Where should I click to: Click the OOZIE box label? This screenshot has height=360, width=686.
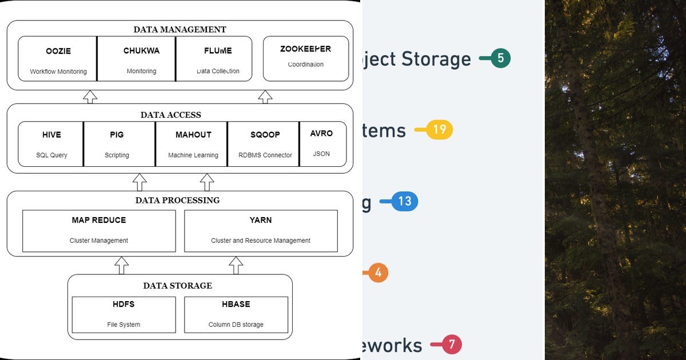coord(58,51)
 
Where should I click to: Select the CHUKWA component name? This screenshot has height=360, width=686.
coord(141,51)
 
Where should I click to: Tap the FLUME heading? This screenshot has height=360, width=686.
coord(218,51)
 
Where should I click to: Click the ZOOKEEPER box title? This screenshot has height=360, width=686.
coord(305,49)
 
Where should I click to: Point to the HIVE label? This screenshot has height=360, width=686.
coord(51,135)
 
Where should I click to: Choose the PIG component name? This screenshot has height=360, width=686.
coord(117,135)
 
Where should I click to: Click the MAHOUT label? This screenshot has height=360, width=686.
coord(193,135)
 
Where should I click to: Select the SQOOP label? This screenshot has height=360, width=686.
coord(265,135)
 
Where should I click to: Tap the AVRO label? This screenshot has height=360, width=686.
coord(321,134)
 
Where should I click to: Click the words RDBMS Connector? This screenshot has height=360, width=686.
coord(265,155)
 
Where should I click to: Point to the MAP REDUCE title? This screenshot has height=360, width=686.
coord(99,220)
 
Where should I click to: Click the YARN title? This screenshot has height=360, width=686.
coord(261,220)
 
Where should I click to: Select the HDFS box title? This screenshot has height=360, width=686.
coord(123,304)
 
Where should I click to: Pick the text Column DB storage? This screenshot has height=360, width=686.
coord(236,325)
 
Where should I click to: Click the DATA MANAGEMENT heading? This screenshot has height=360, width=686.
coord(180,30)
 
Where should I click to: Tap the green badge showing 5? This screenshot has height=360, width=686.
coord(500,58)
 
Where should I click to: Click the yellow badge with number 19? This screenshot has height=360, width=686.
coord(439,130)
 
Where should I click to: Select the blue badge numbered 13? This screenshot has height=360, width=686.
coord(405,201)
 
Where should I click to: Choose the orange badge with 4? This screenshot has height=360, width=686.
coord(378,273)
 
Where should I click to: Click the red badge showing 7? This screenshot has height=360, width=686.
coord(452,345)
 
